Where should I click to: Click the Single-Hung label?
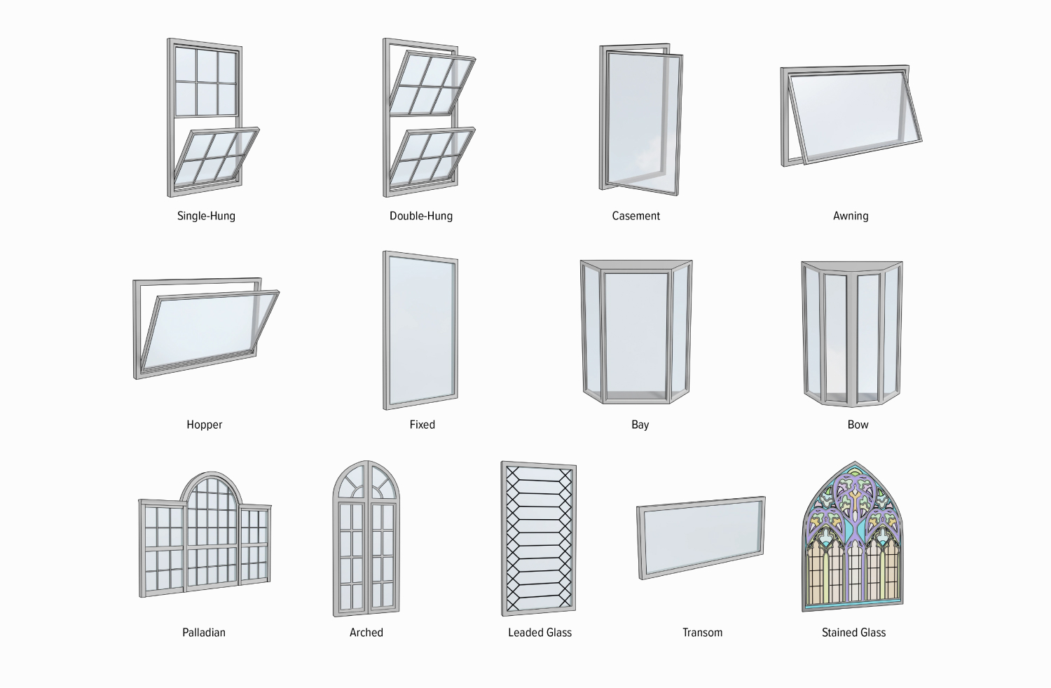pyautogui.click(x=206, y=216)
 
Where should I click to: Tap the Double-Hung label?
pyautogui.click(x=421, y=216)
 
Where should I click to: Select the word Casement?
pyautogui.click(x=636, y=216)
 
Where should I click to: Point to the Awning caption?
pyautogui.click(x=851, y=216)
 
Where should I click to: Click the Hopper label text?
pyautogui.click(x=204, y=425)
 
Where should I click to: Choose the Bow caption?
pyautogui.click(x=858, y=425)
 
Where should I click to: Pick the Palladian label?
pyautogui.click(x=204, y=633)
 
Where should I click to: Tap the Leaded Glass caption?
pyautogui.click(x=540, y=633)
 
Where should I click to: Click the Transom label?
pyautogui.click(x=702, y=633)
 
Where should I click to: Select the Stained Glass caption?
pyautogui.click(x=853, y=633)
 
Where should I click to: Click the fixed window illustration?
pyautogui.click(x=420, y=331)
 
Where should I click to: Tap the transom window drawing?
pyautogui.click(x=701, y=538)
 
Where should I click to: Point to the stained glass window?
pyautogui.click(x=853, y=536)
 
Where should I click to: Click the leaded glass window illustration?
pyautogui.click(x=539, y=538)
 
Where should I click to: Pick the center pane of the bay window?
pyautogui.click(x=636, y=334)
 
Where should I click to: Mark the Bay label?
pyautogui.click(x=640, y=425)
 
